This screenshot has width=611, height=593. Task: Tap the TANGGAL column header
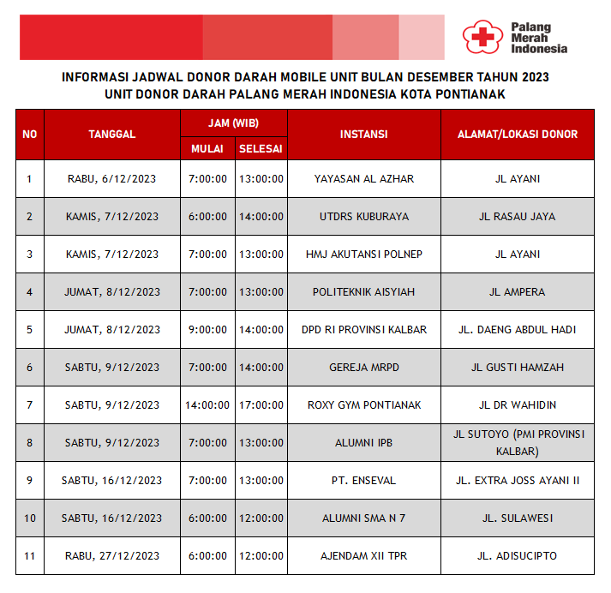tap(111, 135)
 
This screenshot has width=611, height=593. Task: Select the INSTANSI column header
tap(363, 135)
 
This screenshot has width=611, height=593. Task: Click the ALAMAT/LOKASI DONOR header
tap(518, 135)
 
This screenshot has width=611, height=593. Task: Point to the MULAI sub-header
tap(207, 148)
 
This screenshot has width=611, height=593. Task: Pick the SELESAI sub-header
tap(261, 148)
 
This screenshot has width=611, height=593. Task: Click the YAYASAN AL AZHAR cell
tap(363, 179)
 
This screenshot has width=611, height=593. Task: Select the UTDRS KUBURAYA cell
tap(363, 217)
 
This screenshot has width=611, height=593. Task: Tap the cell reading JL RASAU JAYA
tap(518, 217)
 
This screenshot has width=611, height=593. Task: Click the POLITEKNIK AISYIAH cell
tap(363, 292)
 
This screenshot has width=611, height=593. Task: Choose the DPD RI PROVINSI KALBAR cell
tap(363, 330)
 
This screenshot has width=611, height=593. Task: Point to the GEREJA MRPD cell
tap(363, 368)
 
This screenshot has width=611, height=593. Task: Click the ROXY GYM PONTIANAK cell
tap(363, 405)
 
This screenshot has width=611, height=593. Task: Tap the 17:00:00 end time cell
tap(261, 405)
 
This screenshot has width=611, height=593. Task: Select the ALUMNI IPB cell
tap(363, 443)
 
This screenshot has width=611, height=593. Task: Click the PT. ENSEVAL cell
tap(363, 481)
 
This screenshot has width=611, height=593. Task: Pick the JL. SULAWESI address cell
tap(518, 518)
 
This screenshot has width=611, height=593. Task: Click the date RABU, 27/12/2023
tap(111, 556)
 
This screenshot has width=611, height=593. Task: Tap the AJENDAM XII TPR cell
tap(363, 556)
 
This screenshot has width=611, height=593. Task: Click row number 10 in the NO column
tap(30, 518)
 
